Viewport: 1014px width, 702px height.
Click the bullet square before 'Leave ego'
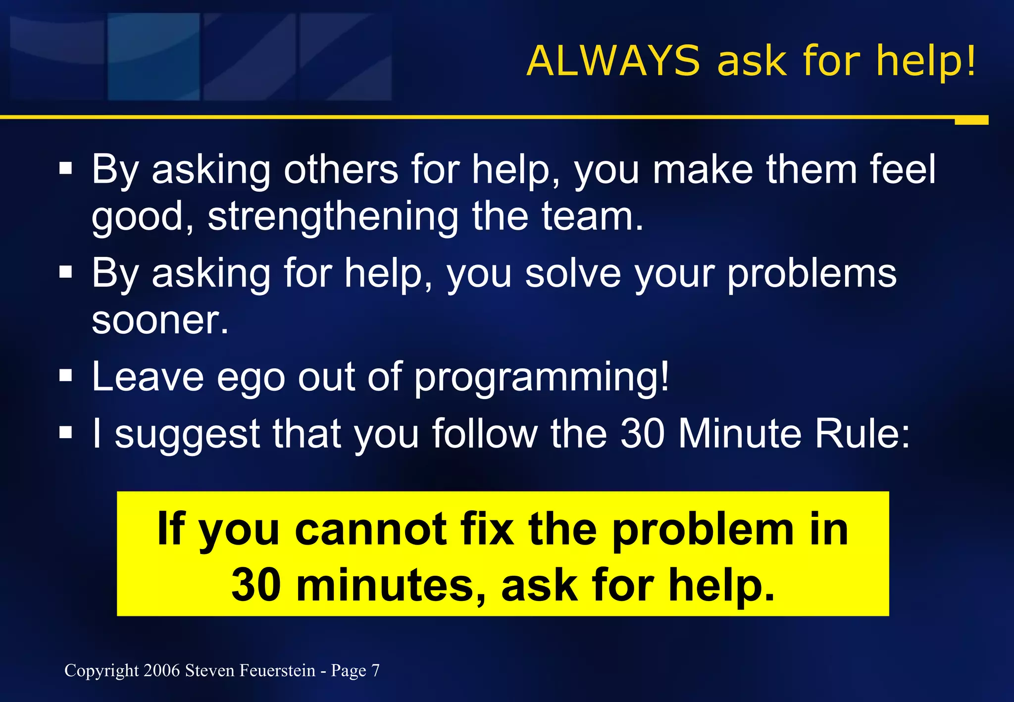click(65, 376)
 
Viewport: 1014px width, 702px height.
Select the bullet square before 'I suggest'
click(65, 433)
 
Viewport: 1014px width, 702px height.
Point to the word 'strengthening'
click(333, 218)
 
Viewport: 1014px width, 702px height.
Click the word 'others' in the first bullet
click(341, 170)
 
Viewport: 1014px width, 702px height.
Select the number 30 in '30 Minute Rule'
click(642, 434)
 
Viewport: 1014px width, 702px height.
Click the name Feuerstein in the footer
click(277, 670)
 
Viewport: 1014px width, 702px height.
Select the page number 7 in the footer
click(375, 670)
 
